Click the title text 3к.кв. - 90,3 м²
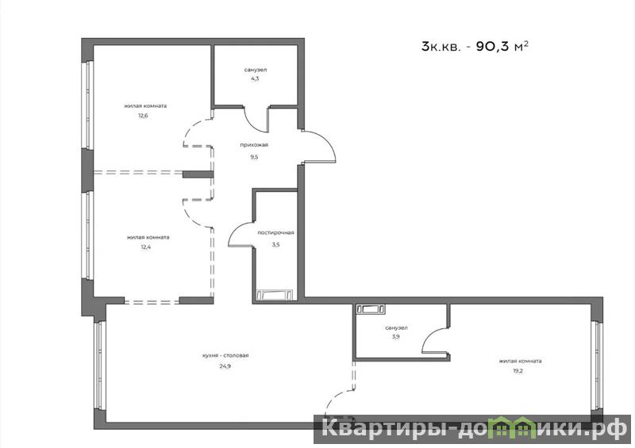coord(475,47)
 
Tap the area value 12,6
coord(143,116)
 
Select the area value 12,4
coord(146,247)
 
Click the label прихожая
coord(254,145)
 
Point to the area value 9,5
coord(254,157)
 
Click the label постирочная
coord(275,232)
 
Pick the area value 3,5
coord(275,244)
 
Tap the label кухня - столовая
coord(225,355)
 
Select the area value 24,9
coord(225,366)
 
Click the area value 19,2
coord(518,371)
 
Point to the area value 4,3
coord(255,78)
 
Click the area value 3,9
coord(395,336)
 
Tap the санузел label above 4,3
coord(256,70)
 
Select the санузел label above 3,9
coord(396,327)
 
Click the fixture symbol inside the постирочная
coord(275,294)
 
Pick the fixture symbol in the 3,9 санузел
coord(371,309)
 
